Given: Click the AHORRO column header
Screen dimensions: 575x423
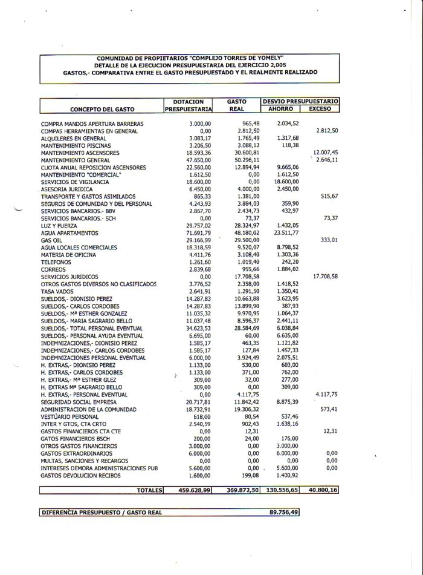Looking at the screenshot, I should (281, 109).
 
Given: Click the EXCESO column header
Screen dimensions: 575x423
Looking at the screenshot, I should (320, 109).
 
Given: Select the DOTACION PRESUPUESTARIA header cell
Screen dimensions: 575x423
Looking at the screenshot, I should (189, 105).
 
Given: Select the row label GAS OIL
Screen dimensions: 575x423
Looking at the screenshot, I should (51, 240).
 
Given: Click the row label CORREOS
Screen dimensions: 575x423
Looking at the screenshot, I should (53, 269).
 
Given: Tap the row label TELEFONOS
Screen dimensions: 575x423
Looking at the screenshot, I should (56, 262).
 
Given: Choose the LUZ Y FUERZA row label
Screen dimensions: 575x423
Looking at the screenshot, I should (57, 226).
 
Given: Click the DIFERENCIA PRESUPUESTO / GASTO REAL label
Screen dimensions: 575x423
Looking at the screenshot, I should (102, 512).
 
